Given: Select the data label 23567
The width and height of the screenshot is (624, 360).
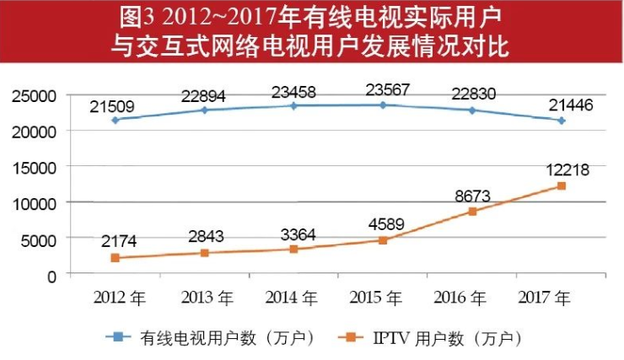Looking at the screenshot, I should pos(383,90).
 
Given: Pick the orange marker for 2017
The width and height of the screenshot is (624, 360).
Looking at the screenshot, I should pos(562,185).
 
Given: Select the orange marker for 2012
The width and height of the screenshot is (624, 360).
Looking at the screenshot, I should pos(115,258).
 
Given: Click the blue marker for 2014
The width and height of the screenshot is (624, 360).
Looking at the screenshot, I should pos(293,105).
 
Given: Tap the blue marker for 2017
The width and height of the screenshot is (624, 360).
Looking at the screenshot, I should pos(562,121).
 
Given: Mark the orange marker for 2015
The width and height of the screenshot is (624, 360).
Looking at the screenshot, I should pos(383,240).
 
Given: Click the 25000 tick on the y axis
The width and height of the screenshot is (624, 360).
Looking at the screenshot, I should pos(35,95).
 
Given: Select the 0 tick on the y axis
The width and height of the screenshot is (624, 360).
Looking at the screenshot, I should pos(52,275).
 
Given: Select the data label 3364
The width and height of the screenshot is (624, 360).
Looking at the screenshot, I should pos(294,233).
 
